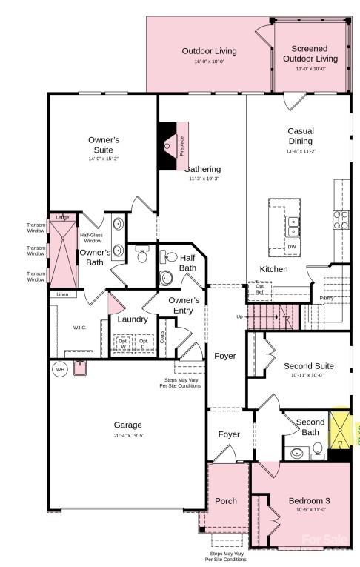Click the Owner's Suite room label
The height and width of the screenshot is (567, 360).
pos(103,145)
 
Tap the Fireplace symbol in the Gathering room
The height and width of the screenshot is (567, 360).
pos(172,146)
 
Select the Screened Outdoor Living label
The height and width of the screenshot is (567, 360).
pos(310,53)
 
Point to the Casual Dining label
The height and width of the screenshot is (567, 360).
pos(301,136)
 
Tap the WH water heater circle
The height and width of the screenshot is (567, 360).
pos(59,369)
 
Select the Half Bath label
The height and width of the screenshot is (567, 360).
pos(187,262)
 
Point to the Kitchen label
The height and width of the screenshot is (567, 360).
pos(273,269)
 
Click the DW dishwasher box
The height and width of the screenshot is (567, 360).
pos(292,247)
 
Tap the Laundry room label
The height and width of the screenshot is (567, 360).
pos(133,319)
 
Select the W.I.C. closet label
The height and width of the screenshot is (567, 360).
pos(79,327)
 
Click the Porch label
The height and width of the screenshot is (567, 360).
pos(225,501)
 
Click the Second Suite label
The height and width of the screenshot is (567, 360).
pos(308,366)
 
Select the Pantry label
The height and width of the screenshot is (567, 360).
pos(326,298)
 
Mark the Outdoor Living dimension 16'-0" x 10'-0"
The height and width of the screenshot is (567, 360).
pos(210,62)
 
